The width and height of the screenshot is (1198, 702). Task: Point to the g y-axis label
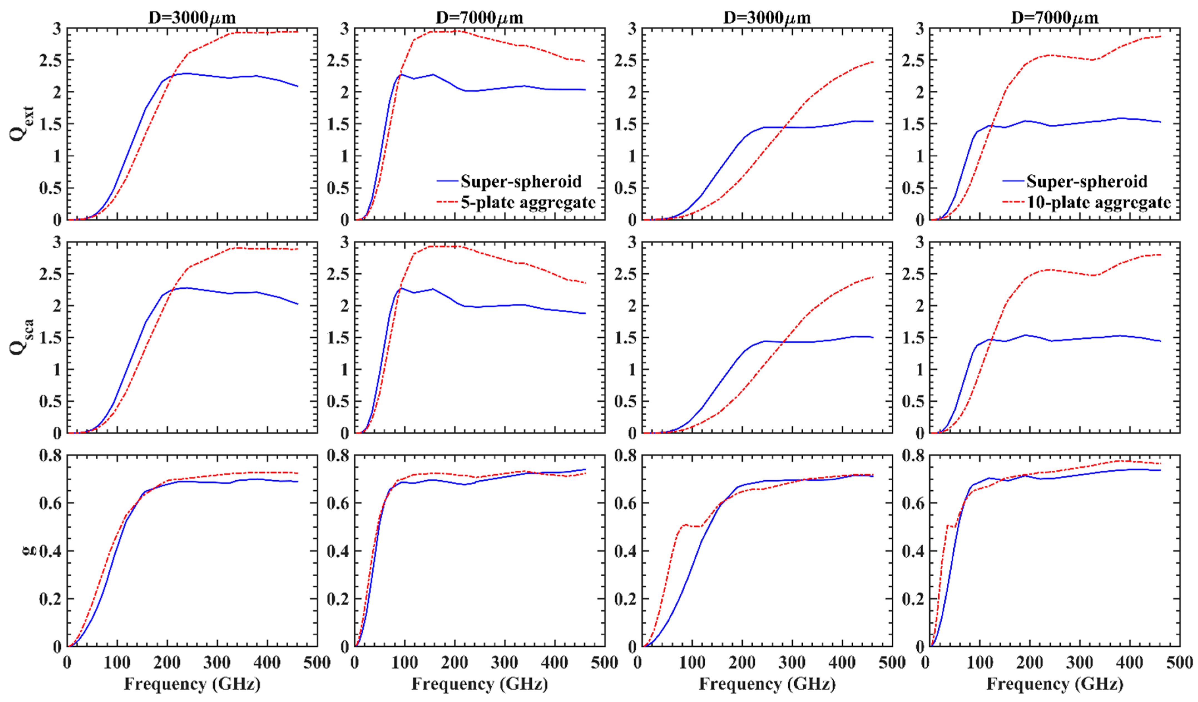29,550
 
